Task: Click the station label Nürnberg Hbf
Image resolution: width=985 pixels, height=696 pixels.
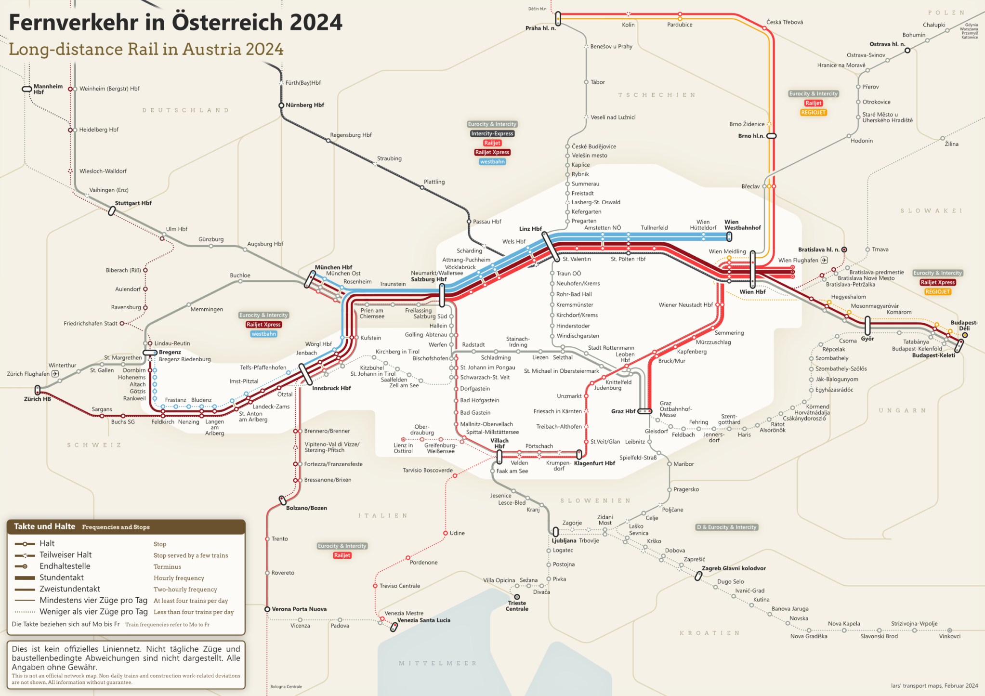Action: (x=305, y=105)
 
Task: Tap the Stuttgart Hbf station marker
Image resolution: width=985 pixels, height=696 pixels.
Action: (x=112, y=210)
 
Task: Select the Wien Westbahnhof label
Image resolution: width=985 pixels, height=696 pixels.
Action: (x=742, y=225)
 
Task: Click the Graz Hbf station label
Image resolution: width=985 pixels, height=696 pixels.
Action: (x=623, y=411)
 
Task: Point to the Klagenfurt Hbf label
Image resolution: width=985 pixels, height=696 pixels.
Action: (x=594, y=463)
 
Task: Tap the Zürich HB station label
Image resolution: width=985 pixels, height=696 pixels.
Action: (x=37, y=399)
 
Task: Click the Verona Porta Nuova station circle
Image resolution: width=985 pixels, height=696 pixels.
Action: (x=267, y=609)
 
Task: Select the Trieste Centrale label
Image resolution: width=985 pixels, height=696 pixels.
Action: (x=517, y=606)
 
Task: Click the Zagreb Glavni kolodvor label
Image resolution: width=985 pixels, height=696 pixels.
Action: (x=734, y=568)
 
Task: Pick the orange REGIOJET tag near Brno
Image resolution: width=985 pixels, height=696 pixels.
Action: (x=813, y=112)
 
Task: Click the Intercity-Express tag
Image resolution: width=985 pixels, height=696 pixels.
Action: (x=492, y=133)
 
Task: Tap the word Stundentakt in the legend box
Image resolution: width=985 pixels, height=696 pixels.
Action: (x=62, y=578)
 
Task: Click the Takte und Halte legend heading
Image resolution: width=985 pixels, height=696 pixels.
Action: (x=44, y=526)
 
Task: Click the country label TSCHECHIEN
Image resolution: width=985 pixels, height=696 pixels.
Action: (x=657, y=95)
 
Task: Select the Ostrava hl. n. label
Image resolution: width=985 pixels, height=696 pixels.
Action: (x=887, y=44)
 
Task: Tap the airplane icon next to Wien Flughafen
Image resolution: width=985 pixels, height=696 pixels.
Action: (x=824, y=260)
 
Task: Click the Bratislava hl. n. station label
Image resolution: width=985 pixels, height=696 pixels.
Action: (x=818, y=250)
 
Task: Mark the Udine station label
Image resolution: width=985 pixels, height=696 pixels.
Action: (x=457, y=533)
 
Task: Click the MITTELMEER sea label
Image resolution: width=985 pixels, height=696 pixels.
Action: (x=437, y=663)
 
